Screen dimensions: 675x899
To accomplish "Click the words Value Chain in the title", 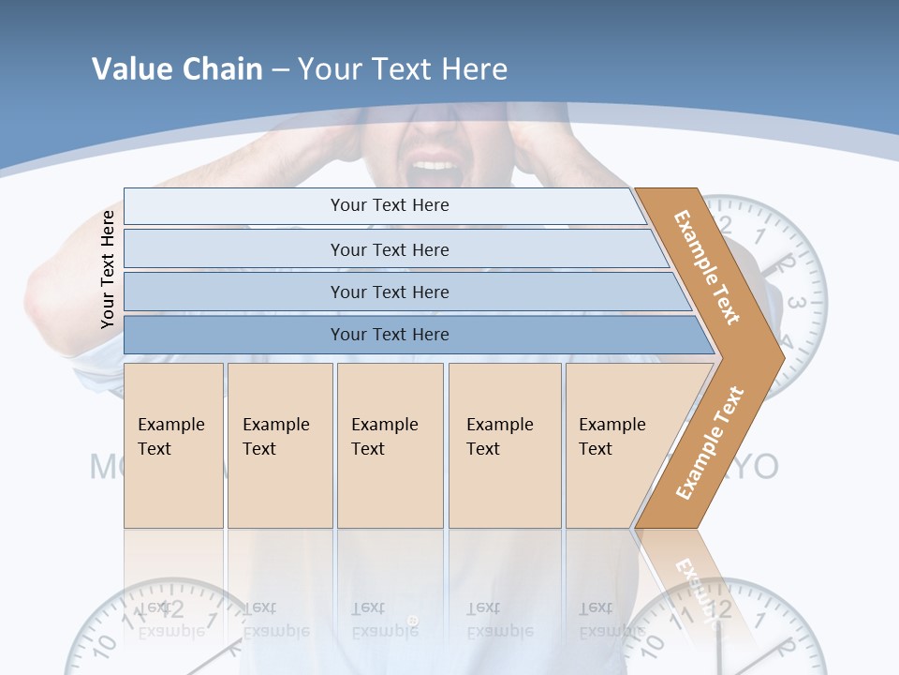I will [177, 68].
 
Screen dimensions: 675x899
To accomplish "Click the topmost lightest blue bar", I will [390, 205].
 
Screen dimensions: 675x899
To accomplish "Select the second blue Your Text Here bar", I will [390, 249].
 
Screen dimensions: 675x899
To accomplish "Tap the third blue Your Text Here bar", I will [390, 292].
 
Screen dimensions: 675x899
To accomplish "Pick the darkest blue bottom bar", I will [390, 335].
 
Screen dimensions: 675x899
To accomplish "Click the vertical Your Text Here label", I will [108, 269].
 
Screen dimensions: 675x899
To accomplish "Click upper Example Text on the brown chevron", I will [707, 266].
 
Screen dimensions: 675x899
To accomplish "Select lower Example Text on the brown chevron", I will [710, 442].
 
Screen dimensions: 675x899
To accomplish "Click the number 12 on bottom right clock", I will [720, 612].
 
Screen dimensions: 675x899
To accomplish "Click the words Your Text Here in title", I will [403, 68].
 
